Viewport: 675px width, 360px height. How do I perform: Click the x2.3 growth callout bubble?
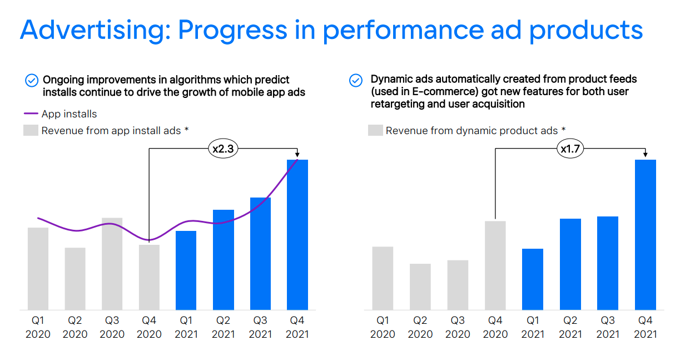pyautogui.click(x=223, y=149)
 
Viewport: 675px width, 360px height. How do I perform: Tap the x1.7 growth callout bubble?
pyautogui.click(x=570, y=149)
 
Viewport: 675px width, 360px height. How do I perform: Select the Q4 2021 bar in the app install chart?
pyautogui.click(x=297, y=234)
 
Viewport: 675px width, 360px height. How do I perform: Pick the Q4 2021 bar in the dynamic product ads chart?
pyautogui.click(x=646, y=234)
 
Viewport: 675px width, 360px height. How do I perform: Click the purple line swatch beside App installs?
pyautogui.click(x=31, y=114)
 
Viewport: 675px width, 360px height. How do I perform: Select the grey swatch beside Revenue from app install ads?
pyautogui.click(x=31, y=131)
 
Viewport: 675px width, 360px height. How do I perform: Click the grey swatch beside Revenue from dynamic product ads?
pyautogui.click(x=375, y=131)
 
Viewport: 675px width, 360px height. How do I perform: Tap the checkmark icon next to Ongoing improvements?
pyautogui.click(x=32, y=80)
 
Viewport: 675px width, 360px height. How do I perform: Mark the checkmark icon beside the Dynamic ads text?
pyautogui.click(x=356, y=80)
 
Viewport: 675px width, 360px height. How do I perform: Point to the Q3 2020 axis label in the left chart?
pyautogui.click(x=112, y=327)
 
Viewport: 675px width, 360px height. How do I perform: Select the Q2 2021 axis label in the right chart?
pyautogui.click(x=570, y=327)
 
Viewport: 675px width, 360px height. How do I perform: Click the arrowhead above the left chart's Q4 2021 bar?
pyautogui.click(x=297, y=155)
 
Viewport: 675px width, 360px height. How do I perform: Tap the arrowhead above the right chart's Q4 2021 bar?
pyautogui.click(x=646, y=155)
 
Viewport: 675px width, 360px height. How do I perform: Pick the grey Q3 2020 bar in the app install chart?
pyautogui.click(x=112, y=264)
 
